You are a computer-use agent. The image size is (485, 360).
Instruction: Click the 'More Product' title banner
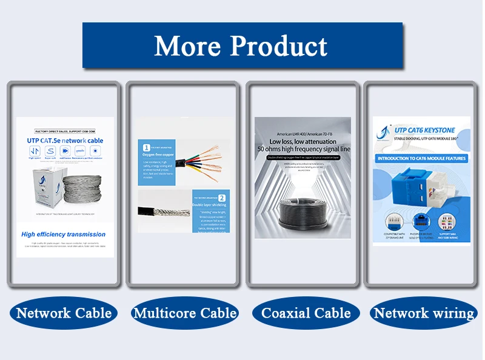point(242,45)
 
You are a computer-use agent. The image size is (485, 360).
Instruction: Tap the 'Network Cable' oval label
point(64,313)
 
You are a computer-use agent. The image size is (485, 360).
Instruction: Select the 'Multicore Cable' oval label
point(185,313)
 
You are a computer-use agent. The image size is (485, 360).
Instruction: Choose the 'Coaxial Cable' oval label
point(306,313)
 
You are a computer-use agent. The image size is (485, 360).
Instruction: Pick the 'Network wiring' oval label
point(424,313)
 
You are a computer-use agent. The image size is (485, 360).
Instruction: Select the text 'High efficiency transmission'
point(63,234)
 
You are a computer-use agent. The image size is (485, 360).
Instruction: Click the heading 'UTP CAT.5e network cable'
point(65,141)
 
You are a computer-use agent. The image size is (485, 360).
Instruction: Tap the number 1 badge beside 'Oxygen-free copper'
point(146,147)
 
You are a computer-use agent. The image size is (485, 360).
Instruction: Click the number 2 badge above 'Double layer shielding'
point(221,198)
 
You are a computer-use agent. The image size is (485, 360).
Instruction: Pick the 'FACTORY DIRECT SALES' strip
point(65,131)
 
